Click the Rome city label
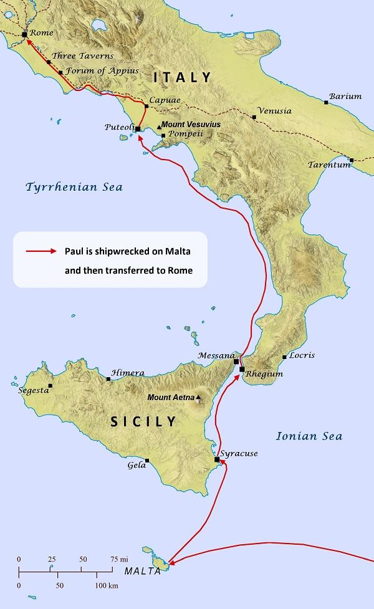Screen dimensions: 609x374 click(x=42, y=33)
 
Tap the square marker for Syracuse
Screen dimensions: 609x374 click(x=217, y=459)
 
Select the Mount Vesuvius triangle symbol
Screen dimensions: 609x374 click(x=159, y=126)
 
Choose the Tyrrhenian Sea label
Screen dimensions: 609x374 click(x=74, y=187)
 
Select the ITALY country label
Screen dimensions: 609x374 click(x=183, y=78)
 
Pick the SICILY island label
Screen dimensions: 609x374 click(x=143, y=422)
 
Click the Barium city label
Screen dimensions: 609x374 click(x=345, y=96)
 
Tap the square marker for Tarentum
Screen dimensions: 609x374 click(x=352, y=160)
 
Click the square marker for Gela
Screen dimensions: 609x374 click(x=147, y=461)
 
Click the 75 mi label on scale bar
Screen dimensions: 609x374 click(x=120, y=559)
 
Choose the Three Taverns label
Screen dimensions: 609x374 click(x=82, y=55)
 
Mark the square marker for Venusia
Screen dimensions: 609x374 click(x=254, y=117)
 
